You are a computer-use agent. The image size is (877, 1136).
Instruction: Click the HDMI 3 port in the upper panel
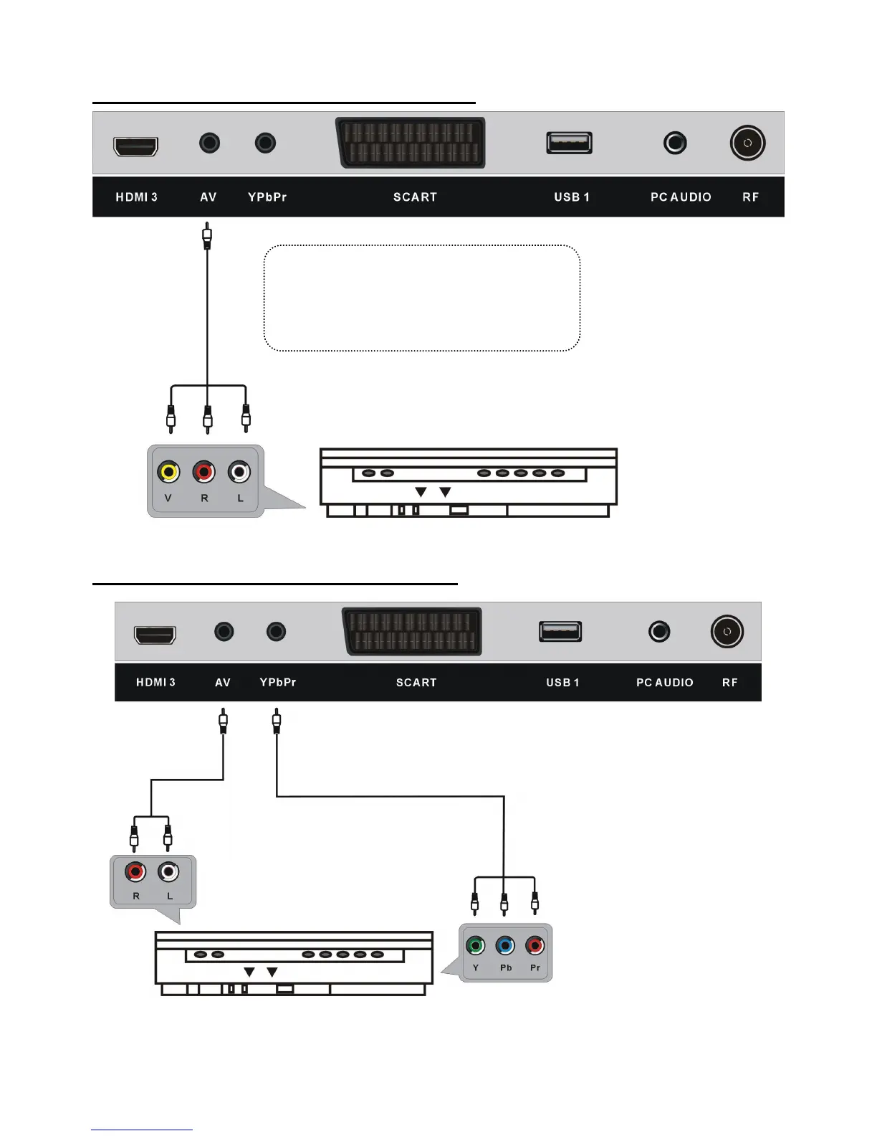(135, 146)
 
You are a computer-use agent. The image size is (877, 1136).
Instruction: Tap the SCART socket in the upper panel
(411, 143)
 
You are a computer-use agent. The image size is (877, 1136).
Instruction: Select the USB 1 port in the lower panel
(560, 631)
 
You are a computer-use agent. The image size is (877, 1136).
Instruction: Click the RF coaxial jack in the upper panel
(747, 143)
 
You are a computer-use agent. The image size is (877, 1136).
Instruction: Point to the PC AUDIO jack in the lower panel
(659, 631)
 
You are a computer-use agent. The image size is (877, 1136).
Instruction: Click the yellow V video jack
(168, 472)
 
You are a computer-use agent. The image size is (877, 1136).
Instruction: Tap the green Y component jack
(475, 945)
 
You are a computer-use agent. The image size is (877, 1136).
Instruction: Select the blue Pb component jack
(505, 945)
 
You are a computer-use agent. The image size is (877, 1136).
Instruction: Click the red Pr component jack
(535, 945)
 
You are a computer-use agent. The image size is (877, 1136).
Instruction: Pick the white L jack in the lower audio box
(168, 871)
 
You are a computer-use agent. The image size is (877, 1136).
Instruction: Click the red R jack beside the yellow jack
(204, 472)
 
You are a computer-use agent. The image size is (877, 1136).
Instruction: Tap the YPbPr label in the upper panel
(267, 197)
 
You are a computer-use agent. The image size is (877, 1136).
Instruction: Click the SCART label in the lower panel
(416, 683)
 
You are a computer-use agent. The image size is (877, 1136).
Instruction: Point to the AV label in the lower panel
(223, 683)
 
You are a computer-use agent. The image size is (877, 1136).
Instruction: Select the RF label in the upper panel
(750, 197)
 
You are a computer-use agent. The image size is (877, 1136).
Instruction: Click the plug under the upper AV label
(207, 235)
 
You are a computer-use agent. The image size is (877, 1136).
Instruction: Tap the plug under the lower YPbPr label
(277, 720)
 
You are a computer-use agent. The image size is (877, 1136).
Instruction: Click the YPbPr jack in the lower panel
(276, 631)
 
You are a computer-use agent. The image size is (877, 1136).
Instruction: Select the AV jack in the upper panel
(209, 143)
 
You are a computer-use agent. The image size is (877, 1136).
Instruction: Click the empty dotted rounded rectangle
(421, 298)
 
